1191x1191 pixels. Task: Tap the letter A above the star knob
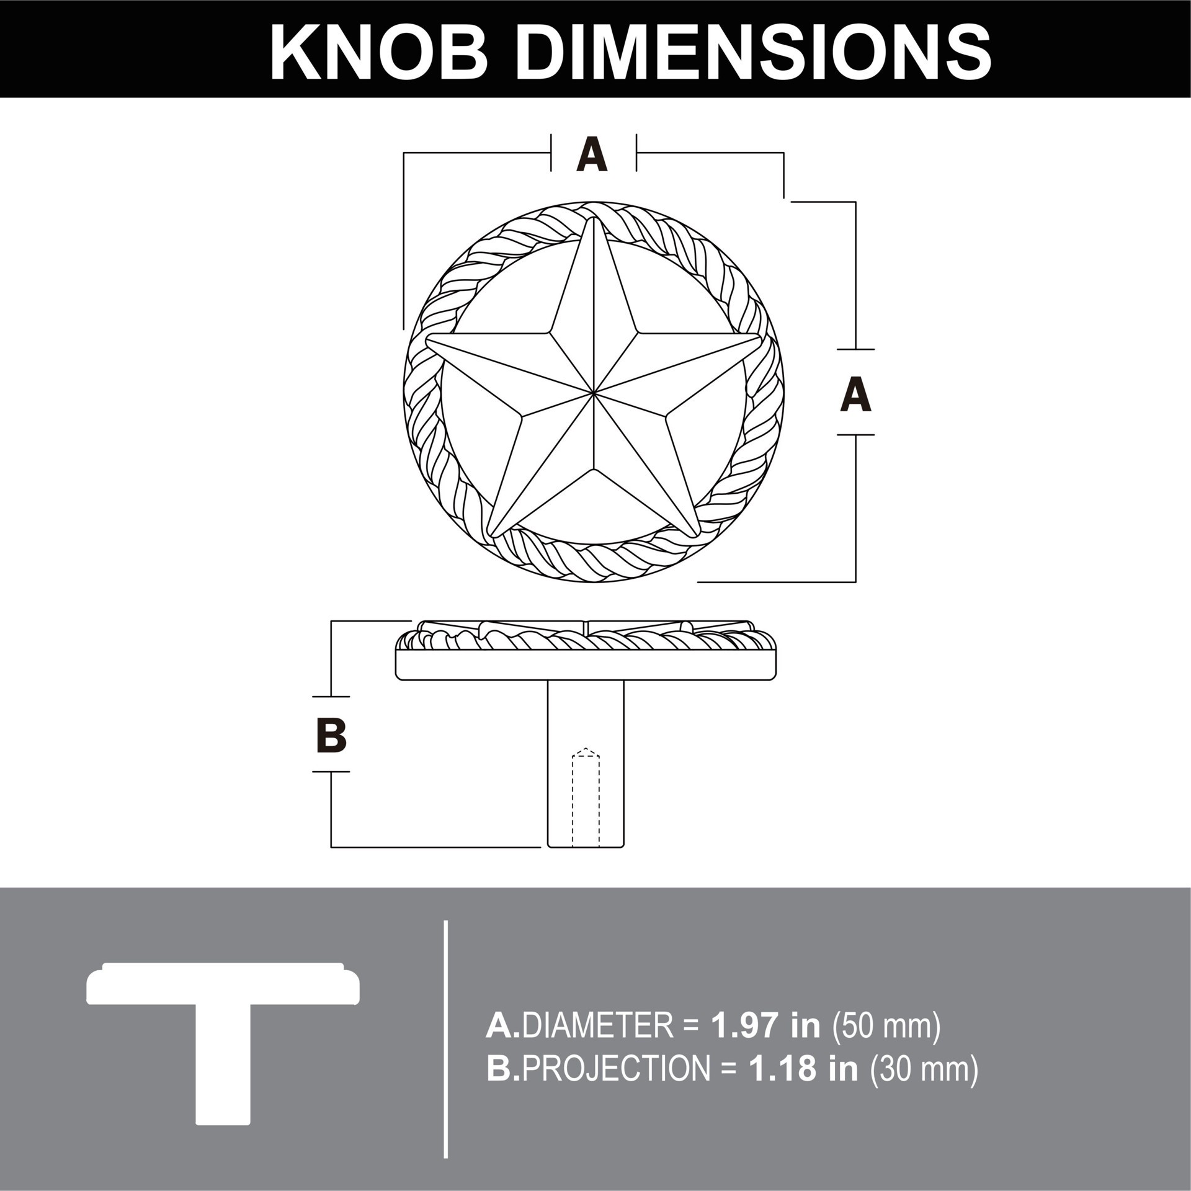point(592,155)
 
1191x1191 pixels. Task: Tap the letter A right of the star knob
point(855,394)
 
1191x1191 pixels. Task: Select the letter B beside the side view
point(331,735)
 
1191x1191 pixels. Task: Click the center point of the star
point(594,393)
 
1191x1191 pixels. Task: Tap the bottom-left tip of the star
point(490,534)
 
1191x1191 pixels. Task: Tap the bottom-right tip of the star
point(697,534)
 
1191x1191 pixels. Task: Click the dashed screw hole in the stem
point(586,800)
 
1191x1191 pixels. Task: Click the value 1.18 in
point(803,1068)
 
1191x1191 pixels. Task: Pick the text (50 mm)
point(887,1027)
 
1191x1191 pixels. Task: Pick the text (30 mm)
point(924,1068)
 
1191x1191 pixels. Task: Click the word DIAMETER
point(597,1027)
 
